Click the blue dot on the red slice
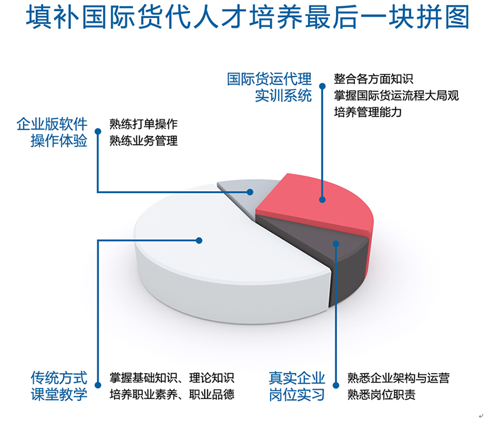tap(322, 199)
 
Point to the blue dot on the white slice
tap(199, 240)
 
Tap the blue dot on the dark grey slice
tap(336, 244)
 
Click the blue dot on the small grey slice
tap(250, 192)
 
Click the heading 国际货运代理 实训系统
tap(269, 87)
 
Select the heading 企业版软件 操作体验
tap(52, 132)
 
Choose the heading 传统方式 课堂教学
tap(59, 386)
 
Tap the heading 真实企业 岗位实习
tap(296, 386)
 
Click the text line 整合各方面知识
tap(373, 79)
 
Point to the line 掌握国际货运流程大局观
tap(396, 96)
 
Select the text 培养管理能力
tap(367, 112)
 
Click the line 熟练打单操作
tap(144, 124)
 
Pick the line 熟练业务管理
tap(144, 141)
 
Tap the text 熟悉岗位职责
tap(381, 395)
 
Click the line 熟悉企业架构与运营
tap(398, 378)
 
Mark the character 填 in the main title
tap(39, 17)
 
